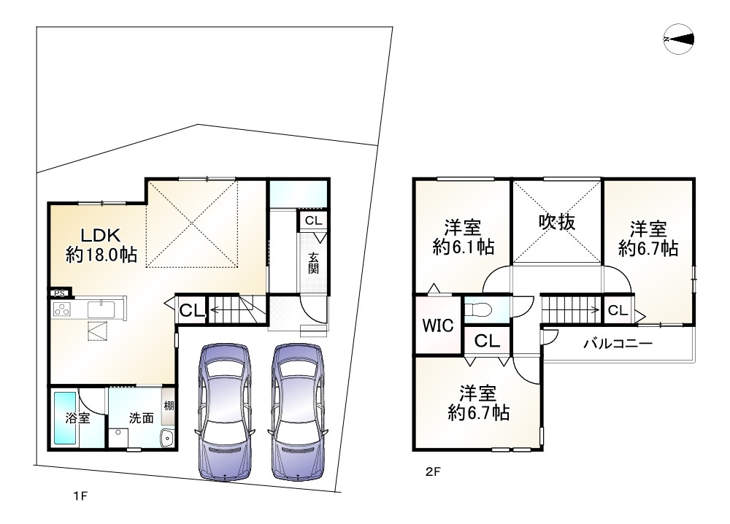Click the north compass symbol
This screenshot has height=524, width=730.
679,39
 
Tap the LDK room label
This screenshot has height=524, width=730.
101,235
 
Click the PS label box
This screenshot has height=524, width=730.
60,293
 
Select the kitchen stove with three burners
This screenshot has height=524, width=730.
61,309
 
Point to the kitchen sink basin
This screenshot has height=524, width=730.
101,309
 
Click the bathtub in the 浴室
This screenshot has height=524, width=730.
65,418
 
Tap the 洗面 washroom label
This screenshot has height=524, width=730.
141,418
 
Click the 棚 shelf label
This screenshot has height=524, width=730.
169,405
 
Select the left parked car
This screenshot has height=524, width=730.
225,412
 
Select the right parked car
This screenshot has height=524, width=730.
296,412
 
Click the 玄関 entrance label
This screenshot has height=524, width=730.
313,263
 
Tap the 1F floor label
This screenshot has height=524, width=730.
80,496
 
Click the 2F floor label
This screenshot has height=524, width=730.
432,472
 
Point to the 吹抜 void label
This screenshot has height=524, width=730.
557,222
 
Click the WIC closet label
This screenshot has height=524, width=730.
438,325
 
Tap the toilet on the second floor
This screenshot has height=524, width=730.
480,309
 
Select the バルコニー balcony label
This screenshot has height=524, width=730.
618,344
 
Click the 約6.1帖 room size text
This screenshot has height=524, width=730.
464,247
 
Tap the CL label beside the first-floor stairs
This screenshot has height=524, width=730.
192,310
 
